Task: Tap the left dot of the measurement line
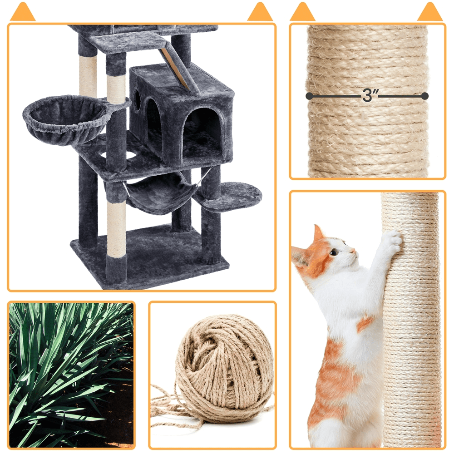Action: pos(309,96)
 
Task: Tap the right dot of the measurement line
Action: pos(425,96)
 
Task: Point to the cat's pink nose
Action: pos(354,251)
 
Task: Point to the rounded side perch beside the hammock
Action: pos(229,195)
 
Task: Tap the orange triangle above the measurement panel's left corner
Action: pos(302,12)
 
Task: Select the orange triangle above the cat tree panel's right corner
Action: pos(260,12)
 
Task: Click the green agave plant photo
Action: pos(71,375)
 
